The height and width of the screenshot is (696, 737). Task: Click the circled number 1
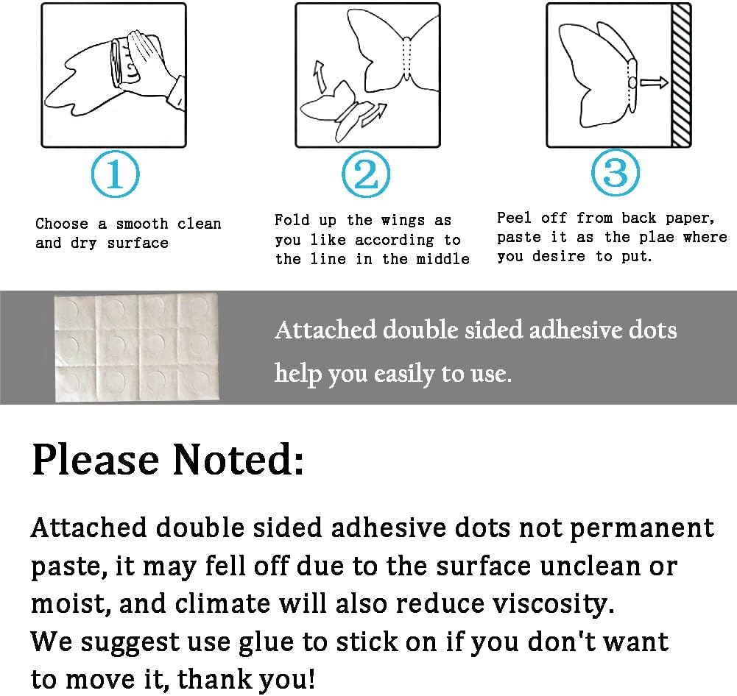pos(115,174)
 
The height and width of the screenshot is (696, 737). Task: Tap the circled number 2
pos(366,174)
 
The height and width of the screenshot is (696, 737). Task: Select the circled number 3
pos(616,172)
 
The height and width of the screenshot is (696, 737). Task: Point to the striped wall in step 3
pos(680,75)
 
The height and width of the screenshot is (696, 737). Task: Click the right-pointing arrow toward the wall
pos(654,82)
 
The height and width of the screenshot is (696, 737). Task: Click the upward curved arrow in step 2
pos(320,77)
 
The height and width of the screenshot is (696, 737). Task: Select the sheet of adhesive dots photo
pos(137,347)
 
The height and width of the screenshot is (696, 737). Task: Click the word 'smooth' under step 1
pos(141,224)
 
